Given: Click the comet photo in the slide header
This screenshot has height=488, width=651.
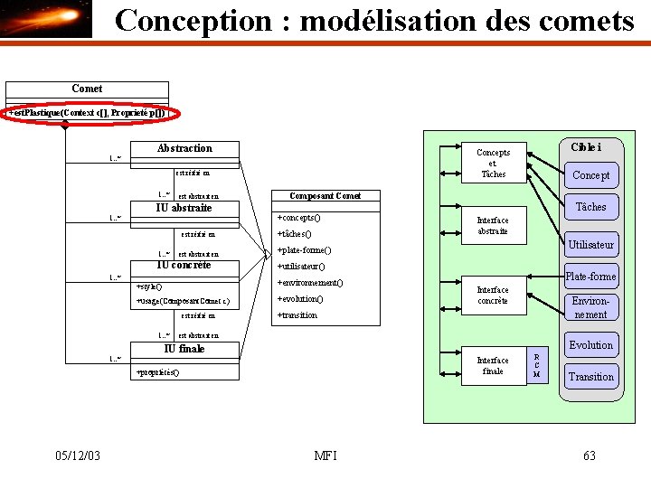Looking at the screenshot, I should (x=46, y=20).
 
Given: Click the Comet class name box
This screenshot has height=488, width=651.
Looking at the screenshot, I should (x=87, y=89).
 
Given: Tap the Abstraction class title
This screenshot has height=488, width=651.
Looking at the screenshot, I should (x=184, y=148).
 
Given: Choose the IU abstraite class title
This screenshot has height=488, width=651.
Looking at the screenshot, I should (x=184, y=209).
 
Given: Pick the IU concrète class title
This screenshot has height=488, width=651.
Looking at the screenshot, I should (x=184, y=266).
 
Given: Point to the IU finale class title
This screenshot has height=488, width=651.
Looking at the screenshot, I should (x=184, y=349).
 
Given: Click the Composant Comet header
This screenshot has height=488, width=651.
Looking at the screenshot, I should (x=325, y=196).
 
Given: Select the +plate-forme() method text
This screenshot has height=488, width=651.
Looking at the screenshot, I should (x=304, y=250).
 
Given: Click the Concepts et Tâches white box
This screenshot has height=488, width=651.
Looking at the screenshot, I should (x=493, y=164).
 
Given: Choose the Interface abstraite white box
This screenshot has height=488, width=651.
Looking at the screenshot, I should (x=493, y=226).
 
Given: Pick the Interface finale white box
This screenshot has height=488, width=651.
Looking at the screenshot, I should (x=493, y=365).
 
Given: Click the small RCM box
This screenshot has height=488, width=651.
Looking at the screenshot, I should (x=537, y=365).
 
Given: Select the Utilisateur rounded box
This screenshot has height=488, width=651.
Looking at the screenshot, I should (x=590, y=244).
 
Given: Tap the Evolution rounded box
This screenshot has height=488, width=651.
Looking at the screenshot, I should (x=590, y=345).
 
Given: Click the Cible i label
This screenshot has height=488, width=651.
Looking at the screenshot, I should (x=586, y=147).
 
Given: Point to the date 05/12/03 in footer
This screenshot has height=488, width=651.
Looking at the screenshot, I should (x=77, y=455).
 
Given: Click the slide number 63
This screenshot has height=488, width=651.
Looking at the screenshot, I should (x=590, y=455).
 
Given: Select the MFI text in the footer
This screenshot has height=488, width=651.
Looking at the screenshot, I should (x=325, y=455).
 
